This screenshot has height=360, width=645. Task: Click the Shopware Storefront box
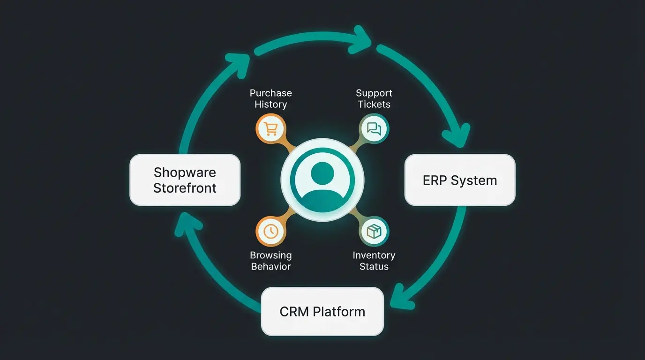click(185, 180)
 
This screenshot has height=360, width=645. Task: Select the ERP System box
click(459, 180)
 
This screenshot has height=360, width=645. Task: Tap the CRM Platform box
click(322, 312)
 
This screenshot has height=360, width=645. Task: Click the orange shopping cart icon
click(270, 128)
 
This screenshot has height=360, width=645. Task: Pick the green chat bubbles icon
click(374, 128)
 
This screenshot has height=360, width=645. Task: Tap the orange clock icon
click(270, 231)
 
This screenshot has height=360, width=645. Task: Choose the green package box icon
click(374, 231)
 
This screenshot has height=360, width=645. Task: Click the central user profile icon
click(322, 180)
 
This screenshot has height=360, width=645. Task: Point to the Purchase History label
click(270, 98)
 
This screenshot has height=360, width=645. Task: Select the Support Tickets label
click(374, 98)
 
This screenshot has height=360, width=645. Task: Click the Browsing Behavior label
click(270, 261)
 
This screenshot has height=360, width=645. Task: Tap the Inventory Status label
click(374, 261)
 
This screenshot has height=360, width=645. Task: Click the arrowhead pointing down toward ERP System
click(460, 135)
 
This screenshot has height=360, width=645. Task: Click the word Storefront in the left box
click(185, 188)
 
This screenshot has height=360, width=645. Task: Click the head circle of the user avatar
click(322, 172)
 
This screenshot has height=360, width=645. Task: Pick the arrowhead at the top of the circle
click(361, 37)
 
